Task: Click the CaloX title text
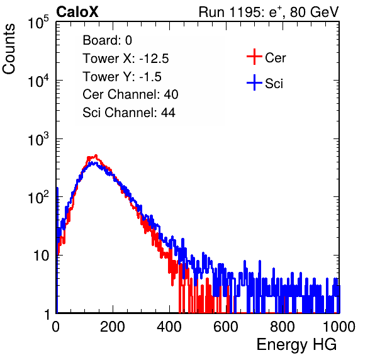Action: pyautogui.click(x=77, y=12)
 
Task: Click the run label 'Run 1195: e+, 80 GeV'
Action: pyautogui.click(x=269, y=12)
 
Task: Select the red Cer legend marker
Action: pyautogui.click(x=254, y=57)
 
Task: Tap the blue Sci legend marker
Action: pyautogui.click(x=254, y=82)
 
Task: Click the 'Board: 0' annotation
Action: pyautogui.click(x=107, y=40)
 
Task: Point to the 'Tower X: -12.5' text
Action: pyautogui.click(x=126, y=59)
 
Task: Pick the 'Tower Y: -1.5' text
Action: pyautogui.click(x=122, y=77)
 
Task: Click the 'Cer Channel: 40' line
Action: pyautogui.click(x=130, y=94)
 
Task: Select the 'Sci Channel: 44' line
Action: pyautogui.click(x=129, y=113)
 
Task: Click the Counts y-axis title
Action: pyautogui.click(x=9, y=49)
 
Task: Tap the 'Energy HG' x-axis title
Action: pyautogui.click(x=296, y=345)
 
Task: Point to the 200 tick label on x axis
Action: pyautogui.click(x=113, y=327)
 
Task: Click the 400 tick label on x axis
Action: pyautogui.click(x=169, y=327)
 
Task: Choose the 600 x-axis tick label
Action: pyautogui.click(x=226, y=327)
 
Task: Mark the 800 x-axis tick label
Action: pyautogui.click(x=283, y=327)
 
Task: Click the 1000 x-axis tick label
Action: pyautogui.click(x=339, y=327)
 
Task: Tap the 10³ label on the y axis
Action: pyautogui.click(x=39, y=139)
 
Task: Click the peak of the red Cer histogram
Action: pyautogui.click(x=96, y=155)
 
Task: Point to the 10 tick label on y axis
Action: pyautogui.click(x=42, y=256)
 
